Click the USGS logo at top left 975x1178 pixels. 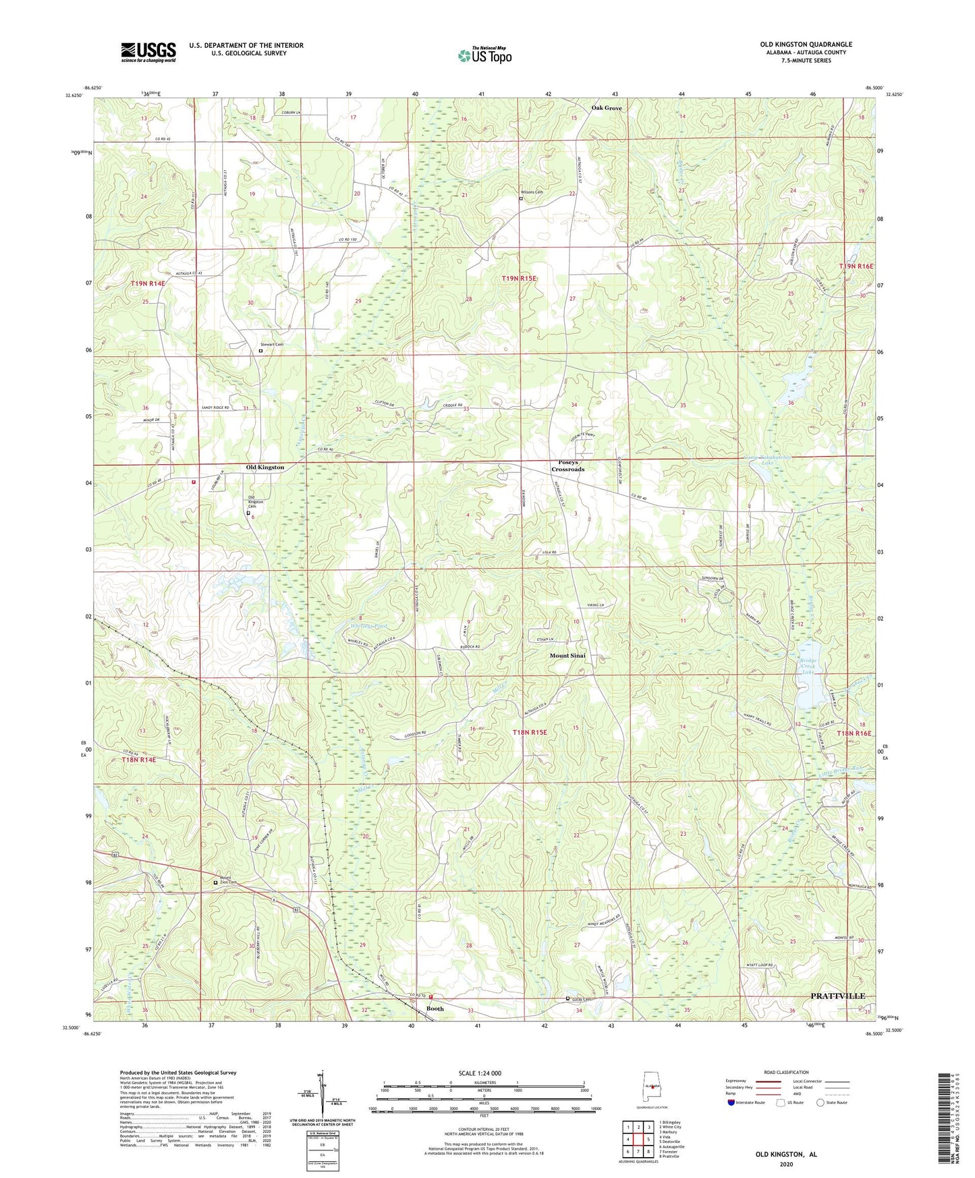148,51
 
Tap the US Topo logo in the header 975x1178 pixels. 484,55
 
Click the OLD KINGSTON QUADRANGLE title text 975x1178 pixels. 806,45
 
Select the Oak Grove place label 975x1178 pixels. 607,108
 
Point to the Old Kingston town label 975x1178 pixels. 264,467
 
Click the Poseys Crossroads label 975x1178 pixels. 567,466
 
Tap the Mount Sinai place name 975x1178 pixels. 567,655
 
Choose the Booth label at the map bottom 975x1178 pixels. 435,1009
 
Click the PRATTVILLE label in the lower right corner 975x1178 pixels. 837,996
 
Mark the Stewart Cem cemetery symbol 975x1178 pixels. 261,351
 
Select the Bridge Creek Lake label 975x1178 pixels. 808,666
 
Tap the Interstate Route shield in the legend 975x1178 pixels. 731,1102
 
